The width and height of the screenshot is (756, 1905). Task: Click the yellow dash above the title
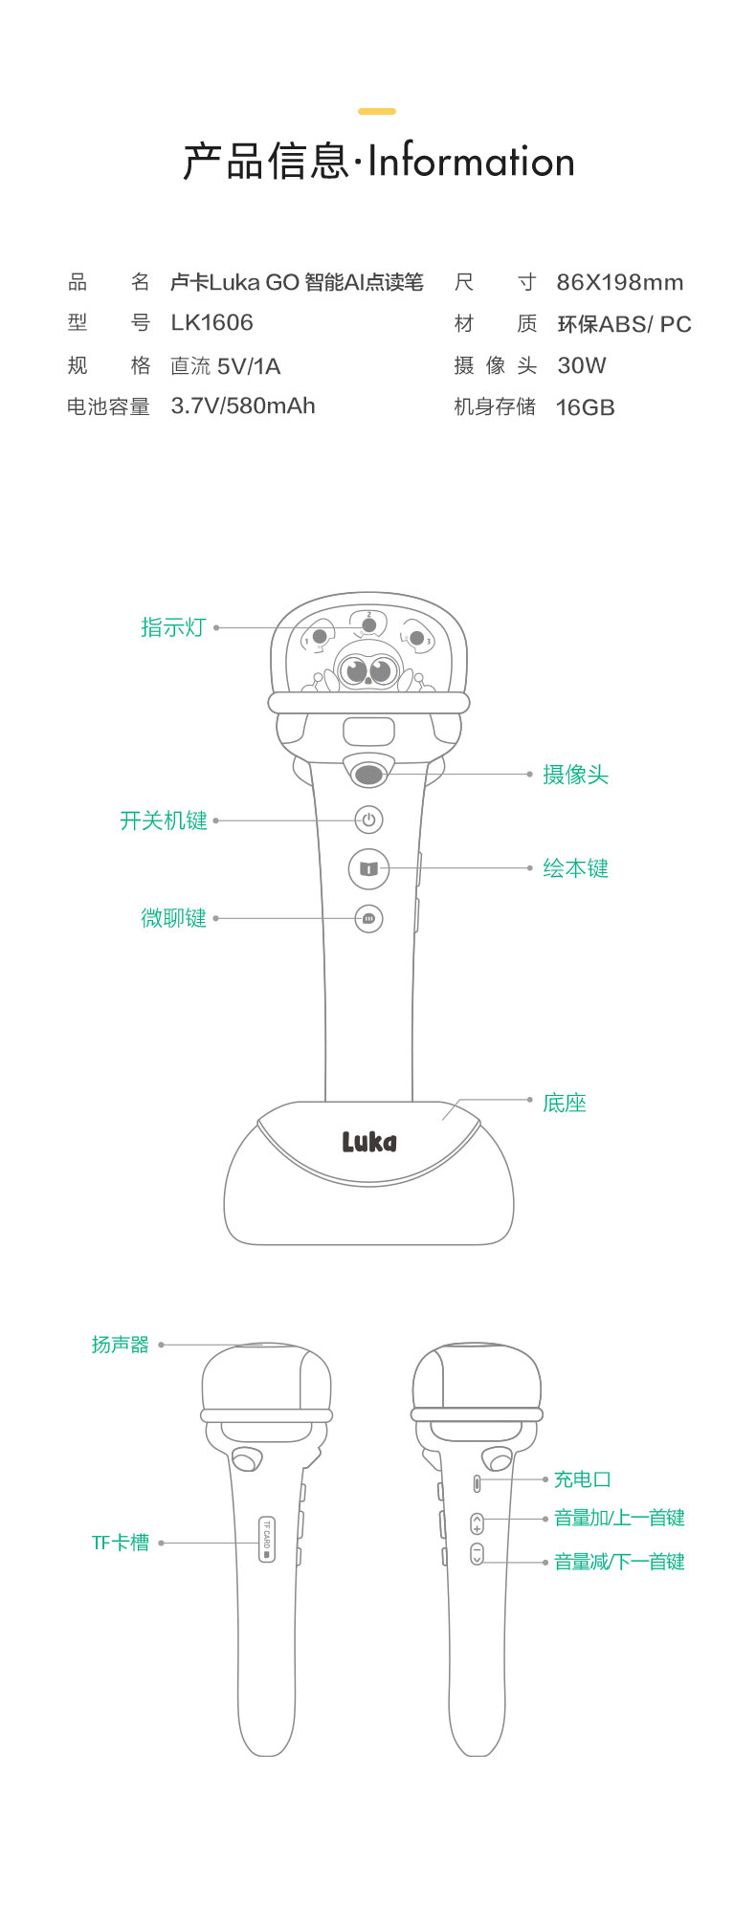coord(377,111)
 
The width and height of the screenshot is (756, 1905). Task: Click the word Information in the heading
coord(471,161)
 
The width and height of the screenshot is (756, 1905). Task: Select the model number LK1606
coord(211,322)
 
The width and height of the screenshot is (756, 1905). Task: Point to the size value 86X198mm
coord(620,282)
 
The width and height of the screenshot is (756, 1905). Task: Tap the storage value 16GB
coord(585,407)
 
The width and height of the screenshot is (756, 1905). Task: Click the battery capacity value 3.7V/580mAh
coord(243,405)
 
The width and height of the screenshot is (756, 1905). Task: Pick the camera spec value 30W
coord(582,365)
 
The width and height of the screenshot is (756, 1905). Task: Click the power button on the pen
coord(369,820)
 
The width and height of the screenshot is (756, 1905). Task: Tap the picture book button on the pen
coord(369,868)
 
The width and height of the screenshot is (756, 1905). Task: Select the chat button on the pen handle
coord(369,918)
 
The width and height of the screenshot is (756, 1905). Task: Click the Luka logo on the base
coord(369,1141)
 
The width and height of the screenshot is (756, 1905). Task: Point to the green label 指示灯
coord(173,627)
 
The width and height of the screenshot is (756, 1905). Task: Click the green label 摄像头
coord(575,775)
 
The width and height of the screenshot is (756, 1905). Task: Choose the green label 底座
coord(565,1103)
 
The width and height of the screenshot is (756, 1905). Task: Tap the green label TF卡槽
coord(121,1542)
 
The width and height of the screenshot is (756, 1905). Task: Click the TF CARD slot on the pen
coord(267,1538)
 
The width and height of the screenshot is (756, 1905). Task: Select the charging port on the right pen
coord(477,1483)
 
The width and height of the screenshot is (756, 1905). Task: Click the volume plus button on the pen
coord(478,1523)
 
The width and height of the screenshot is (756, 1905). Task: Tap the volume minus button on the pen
coord(478,1554)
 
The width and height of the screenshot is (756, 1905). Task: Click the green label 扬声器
coord(121,1345)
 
